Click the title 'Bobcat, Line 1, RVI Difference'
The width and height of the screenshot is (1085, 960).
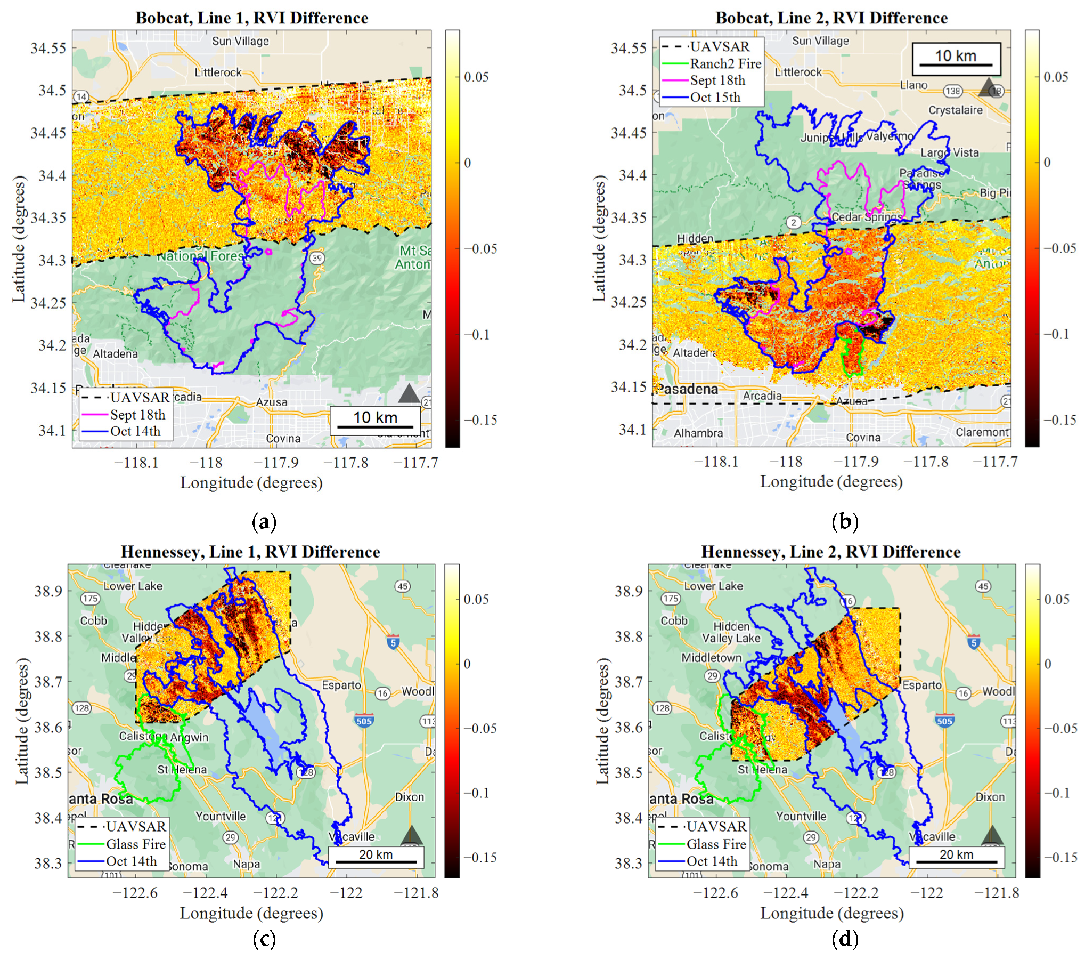251,18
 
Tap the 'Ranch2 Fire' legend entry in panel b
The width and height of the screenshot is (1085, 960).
725,64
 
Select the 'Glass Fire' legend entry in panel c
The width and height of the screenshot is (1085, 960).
135,844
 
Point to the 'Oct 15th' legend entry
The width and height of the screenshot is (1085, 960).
715,98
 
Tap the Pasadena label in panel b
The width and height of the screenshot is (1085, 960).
688,389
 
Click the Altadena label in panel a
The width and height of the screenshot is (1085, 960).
115,354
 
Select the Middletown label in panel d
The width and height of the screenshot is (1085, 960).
711,658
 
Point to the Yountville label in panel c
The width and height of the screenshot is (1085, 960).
221,816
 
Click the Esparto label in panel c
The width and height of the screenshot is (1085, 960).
341,685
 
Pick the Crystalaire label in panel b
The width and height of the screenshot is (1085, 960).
956,110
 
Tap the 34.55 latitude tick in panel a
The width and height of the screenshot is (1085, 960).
48,49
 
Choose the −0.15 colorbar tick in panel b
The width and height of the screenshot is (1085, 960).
1060,420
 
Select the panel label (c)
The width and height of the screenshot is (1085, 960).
264,939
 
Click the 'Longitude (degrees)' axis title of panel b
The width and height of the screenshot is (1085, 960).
831,482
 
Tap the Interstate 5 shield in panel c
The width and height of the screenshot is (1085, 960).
393,642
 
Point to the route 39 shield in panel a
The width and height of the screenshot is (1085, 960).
317,259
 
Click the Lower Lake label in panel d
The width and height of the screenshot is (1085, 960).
713,586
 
